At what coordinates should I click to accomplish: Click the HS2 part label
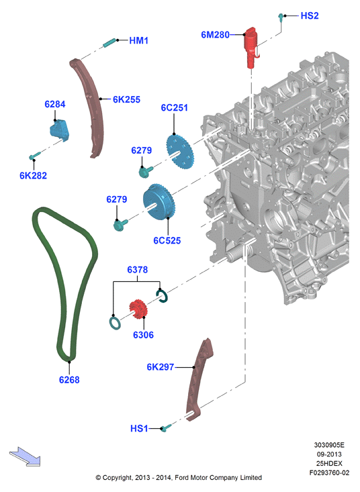[x=310, y=15]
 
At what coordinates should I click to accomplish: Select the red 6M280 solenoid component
[x=252, y=47]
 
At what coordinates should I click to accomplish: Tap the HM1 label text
[x=139, y=40]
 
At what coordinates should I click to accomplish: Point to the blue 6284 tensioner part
[x=59, y=131]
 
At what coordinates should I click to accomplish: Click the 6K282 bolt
[x=34, y=155]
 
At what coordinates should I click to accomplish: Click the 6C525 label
[x=167, y=241]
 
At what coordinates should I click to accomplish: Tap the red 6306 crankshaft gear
[x=138, y=309]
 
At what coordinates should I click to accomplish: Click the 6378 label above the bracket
[x=137, y=270]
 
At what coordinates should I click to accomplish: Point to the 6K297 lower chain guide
[x=197, y=380]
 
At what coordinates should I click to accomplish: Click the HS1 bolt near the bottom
[x=166, y=428]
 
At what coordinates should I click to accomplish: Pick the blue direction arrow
[x=25, y=456]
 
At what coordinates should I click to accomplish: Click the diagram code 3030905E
[x=329, y=445]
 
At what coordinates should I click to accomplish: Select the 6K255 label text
[x=126, y=99]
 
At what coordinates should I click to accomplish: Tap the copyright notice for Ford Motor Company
[x=179, y=477]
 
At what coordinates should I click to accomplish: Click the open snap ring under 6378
[x=162, y=296]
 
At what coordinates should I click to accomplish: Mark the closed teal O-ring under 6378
[x=116, y=323]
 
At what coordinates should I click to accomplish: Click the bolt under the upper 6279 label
[x=146, y=172]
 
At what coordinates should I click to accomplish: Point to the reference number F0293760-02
[x=329, y=473]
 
